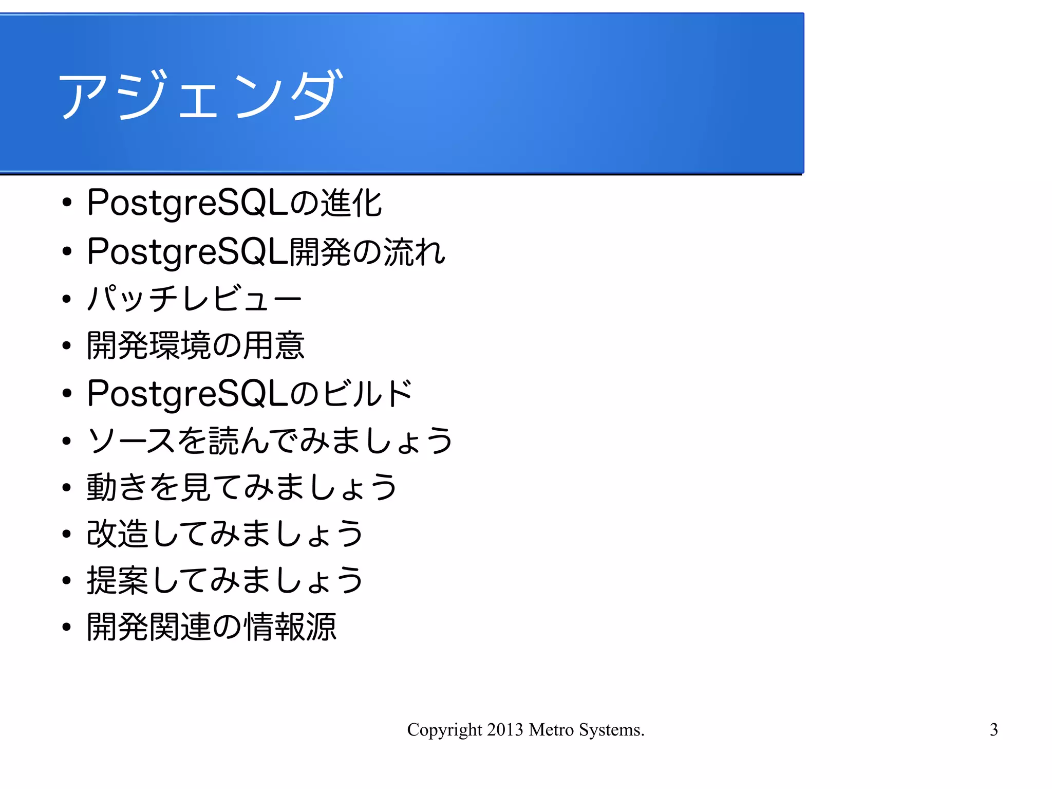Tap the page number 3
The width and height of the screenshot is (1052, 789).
(x=993, y=729)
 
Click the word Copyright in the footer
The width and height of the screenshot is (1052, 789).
(x=444, y=730)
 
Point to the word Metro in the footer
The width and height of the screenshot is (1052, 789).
(x=551, y=729)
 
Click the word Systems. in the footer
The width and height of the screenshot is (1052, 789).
(x=612, y=730)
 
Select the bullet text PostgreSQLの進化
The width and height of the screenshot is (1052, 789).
(x=234, y=203)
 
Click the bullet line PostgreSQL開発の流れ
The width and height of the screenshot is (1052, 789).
(x=266, y=252)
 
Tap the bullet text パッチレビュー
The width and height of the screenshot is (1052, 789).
(x=194, y=298)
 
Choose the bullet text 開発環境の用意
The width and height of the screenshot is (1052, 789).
(x=196, y=345)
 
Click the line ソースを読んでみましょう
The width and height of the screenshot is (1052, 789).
(x=270, y=441)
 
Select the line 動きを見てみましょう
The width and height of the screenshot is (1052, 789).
(x=242, y=487)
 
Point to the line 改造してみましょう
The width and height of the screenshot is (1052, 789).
(x=225, y=533)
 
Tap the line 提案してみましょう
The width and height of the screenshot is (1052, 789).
(x=225, y=580)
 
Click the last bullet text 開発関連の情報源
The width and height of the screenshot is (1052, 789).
(x=212, y=627)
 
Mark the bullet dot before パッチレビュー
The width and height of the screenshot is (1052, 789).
(x=66, y=299)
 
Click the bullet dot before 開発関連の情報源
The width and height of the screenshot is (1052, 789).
(x=66, y=627)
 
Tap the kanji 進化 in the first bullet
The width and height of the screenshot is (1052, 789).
(x=352, y=203)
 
